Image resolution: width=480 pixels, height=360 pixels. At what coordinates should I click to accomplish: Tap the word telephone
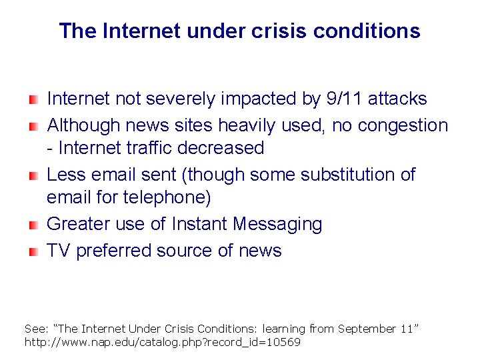[169, 198]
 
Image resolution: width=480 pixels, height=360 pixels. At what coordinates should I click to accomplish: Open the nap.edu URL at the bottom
[162, 342]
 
